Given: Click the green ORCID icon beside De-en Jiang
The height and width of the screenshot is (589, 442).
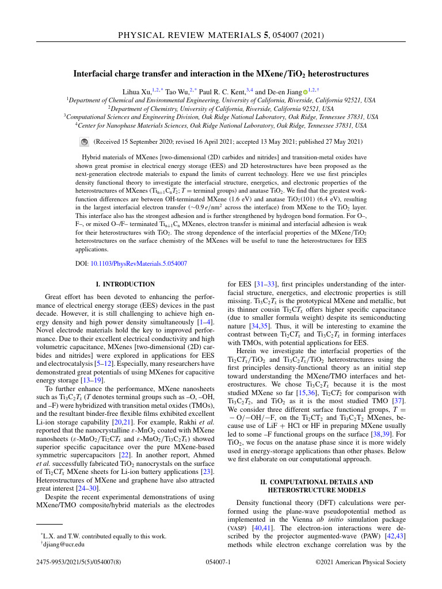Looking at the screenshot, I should [306, 91].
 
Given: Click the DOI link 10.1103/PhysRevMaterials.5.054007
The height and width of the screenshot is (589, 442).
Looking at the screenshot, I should [139, 263].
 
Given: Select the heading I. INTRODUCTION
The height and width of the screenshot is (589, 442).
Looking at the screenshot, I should [125, 284].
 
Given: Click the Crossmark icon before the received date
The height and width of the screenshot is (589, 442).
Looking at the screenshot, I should [84, 141].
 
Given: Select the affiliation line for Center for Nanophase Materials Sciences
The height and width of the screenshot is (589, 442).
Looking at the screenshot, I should [220, 124].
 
